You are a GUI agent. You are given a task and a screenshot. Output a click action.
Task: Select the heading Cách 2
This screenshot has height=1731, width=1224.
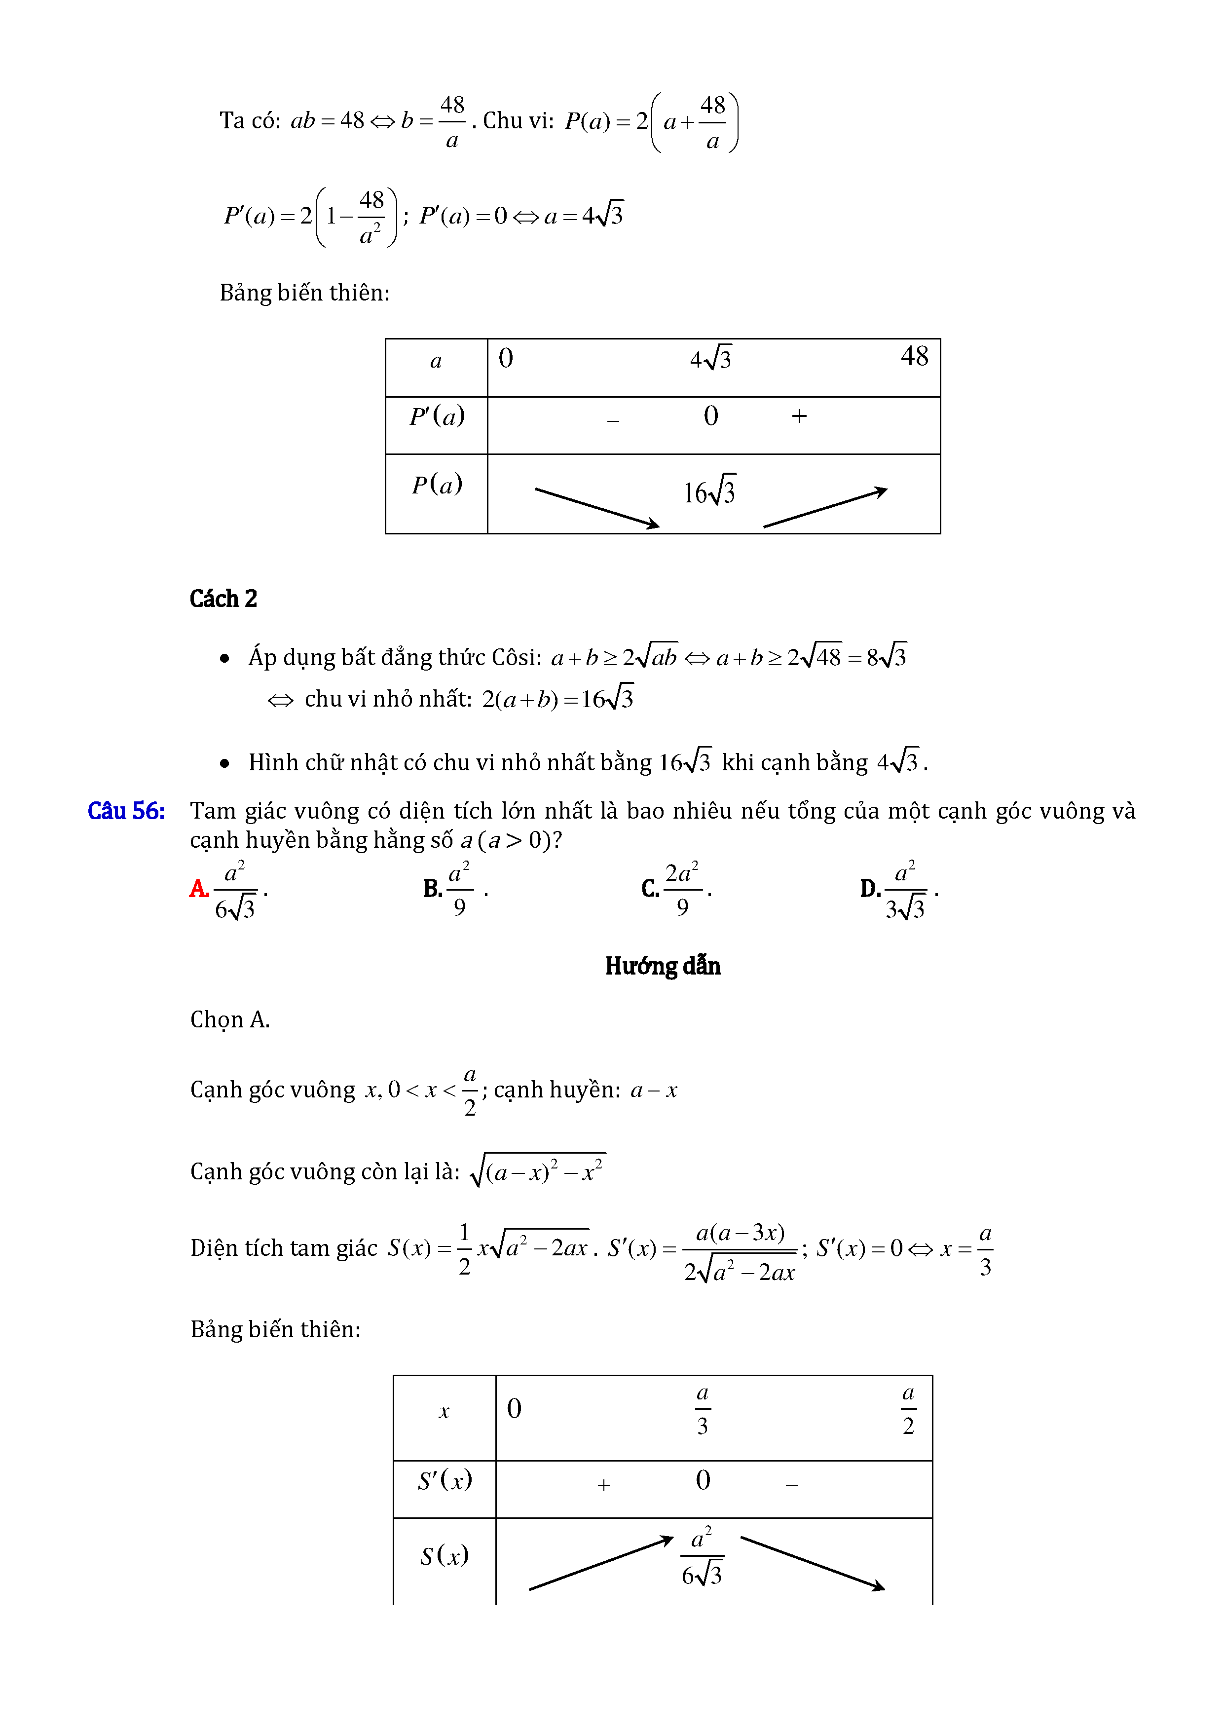click(x=223, y=599)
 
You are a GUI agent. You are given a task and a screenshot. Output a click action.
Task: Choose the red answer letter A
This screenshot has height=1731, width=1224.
click(x=199, y=889)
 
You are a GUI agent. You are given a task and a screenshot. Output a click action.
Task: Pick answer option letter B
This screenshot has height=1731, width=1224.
click(x=432, y=889)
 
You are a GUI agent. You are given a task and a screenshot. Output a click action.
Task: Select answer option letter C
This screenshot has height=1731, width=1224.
click(x=650, y=889)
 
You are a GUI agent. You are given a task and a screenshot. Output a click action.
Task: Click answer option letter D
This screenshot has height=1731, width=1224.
click(x=870, y=889)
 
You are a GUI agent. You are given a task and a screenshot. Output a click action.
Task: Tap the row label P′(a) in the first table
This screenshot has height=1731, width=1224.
click(x=437, y=416)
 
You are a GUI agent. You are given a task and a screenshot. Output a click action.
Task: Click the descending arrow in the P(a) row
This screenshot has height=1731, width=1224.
click(x=597, y=507)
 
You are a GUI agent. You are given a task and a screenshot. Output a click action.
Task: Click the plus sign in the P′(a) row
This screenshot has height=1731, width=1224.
click(x=799, y=416)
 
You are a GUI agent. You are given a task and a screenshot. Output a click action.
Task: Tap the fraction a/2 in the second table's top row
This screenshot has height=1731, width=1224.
click(x=908, y=1409)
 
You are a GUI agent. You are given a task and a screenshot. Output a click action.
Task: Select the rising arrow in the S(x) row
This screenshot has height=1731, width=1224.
click(x=601, y=1563)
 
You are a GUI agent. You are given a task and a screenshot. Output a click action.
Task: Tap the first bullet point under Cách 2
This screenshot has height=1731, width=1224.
click(x=224, y=658)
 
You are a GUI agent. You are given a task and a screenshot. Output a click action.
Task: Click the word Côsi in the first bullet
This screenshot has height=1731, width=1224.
click(x=516, y=657)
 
